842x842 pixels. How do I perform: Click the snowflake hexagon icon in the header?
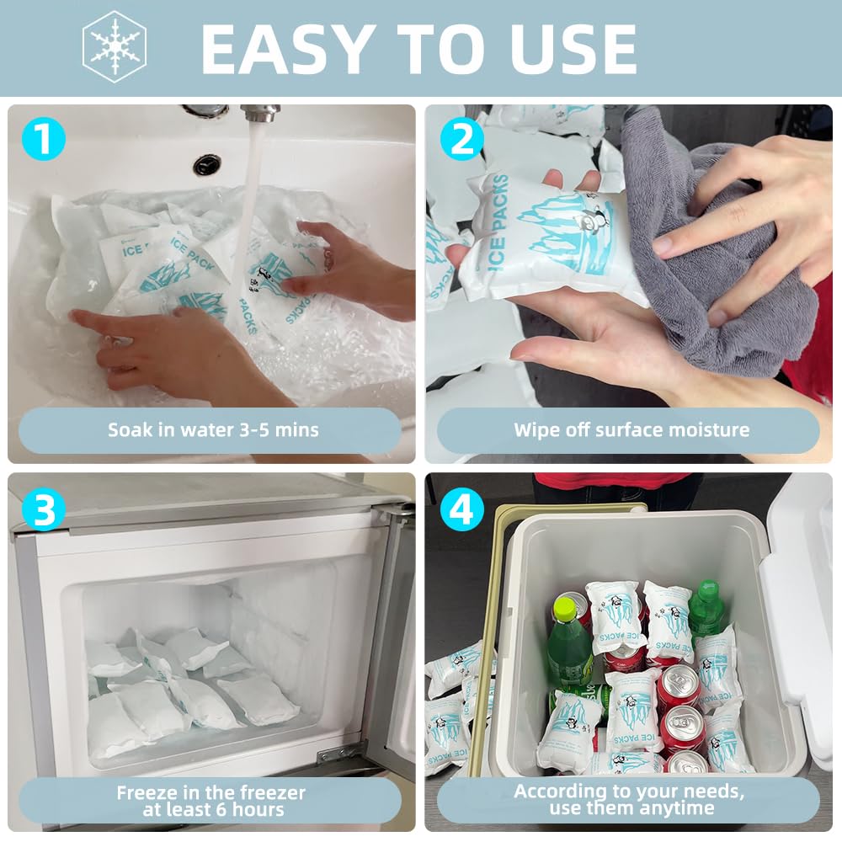115,46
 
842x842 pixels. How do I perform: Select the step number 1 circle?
44,139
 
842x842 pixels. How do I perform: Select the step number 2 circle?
461,139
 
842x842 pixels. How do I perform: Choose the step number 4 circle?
461,509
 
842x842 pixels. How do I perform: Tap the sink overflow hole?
206,164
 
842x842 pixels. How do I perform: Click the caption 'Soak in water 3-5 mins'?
212,430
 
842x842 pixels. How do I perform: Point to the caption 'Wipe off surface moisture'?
631,430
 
